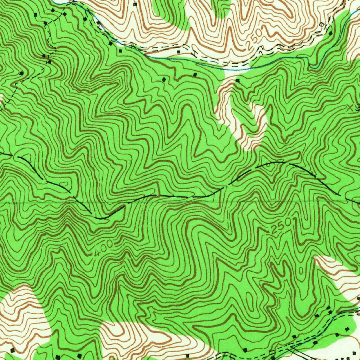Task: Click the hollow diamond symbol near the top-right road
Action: click(322, 24)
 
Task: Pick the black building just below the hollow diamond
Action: click(330, 33)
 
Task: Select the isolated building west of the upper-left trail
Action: click(22, 73)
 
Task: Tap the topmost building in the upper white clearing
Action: click(136, 4)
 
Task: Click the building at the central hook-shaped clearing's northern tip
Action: click(238, 81)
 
